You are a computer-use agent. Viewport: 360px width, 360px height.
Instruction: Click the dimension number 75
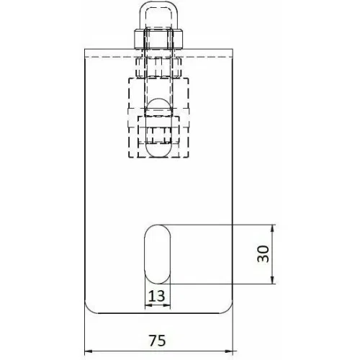[x=157, y=340]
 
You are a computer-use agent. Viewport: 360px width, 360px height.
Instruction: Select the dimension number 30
[x=263, y=253]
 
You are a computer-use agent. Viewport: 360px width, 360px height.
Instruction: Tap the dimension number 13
[x=157, y=296]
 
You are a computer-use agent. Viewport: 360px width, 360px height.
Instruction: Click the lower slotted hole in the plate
[x=157, y=254]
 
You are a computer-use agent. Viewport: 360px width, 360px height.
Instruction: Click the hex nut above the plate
[x=158, y=39]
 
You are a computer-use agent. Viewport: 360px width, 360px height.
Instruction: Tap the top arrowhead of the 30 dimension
[x=272, y=228]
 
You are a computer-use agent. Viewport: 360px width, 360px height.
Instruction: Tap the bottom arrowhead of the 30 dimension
[x=272, y=280]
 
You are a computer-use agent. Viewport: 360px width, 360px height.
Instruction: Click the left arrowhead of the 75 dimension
[x=89, y=351]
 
